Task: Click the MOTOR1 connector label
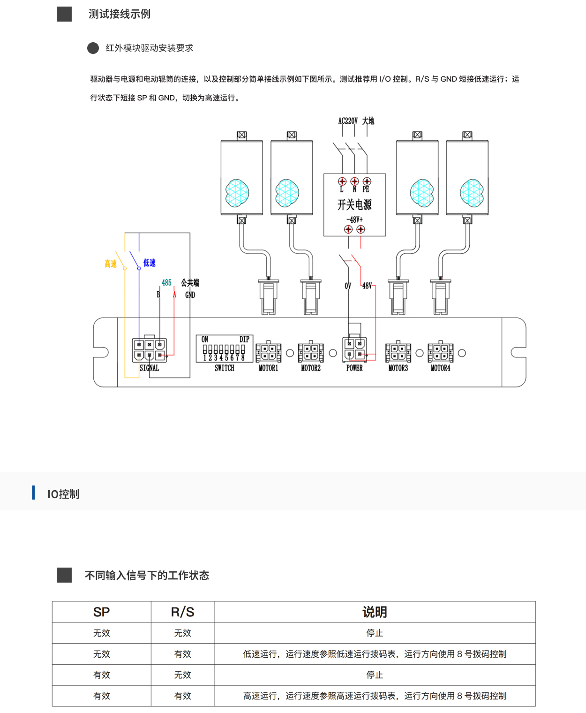coord(268,368)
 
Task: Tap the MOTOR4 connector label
coord(440,368)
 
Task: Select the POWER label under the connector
coord(354,368)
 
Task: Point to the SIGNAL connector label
coord(149,368)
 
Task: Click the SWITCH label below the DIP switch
coord(224,368)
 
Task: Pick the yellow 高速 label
coord(111,264)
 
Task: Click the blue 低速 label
coord(150,263)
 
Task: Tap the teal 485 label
coord(166,282)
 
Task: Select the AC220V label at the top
coord(348,121)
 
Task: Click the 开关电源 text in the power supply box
coord(354,205)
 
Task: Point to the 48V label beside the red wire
coord(367,286)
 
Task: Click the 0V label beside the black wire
coord(348,286)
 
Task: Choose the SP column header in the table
coord(101,612)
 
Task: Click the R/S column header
coord(182,612)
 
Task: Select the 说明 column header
coord(375,612)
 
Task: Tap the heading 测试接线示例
coord(120,14)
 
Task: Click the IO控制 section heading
coord(63,494)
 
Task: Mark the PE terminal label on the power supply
coord(366,190)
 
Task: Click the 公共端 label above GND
coord(190,282)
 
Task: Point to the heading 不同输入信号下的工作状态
coord(147,576)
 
